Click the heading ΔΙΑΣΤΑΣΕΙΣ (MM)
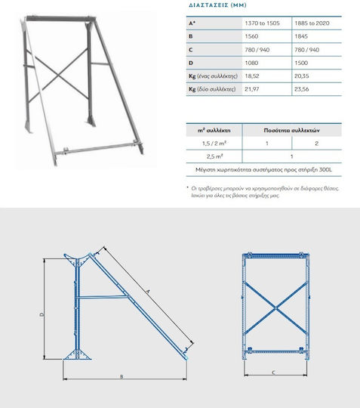(217, 5)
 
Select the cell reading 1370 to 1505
(263, 23)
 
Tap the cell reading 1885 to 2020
(312, 23)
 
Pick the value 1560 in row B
(251, 36)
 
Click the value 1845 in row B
(301, 36)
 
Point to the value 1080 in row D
(251, 63)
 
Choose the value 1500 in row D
(301, 63)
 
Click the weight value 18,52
(252, 76)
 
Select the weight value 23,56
(302, 89)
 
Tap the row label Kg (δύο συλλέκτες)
(212, 89)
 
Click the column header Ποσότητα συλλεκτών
(291, 130)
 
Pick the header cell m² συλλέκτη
(214, 130)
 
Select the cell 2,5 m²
(214, 156)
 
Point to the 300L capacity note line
(264, 170)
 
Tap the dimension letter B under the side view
(122, 376)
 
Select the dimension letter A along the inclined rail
(148, 292)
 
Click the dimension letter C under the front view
(273, 372)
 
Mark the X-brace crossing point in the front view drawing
(275, 308)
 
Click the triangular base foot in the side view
(77, 355)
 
